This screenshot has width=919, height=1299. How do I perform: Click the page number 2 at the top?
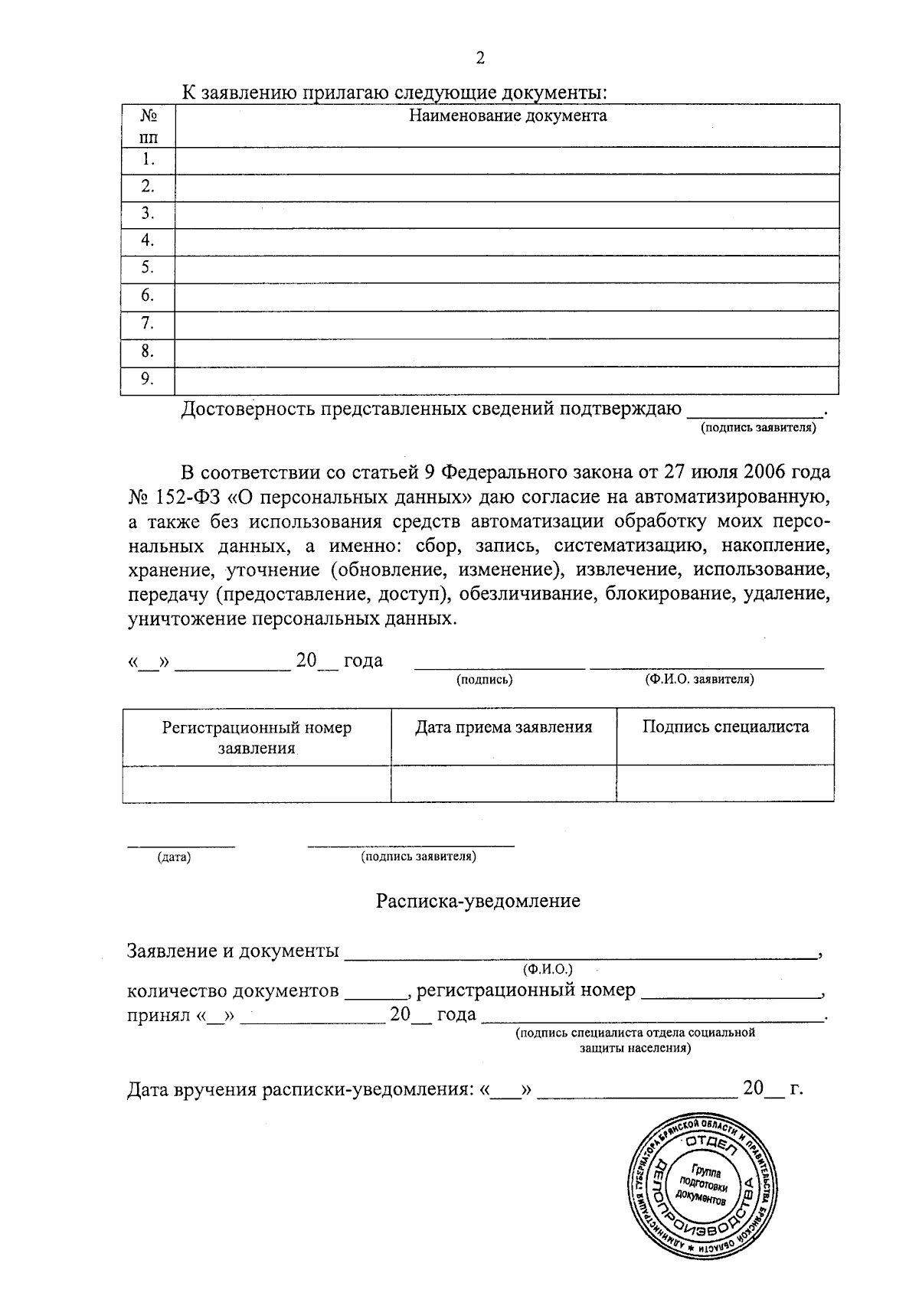click(480, 58)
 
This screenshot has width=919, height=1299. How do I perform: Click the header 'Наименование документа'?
click(507, 116)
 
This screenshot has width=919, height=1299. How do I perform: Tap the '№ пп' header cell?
click(148, 126)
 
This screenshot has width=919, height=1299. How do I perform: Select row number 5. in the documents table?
click(148, 268)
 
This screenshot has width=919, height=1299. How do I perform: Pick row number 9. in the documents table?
click(148, 379)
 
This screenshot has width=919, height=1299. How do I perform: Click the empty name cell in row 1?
click(507, 161)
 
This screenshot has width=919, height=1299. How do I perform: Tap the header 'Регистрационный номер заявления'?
click(257, 736)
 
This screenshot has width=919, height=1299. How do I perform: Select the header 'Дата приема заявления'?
click(503, 727)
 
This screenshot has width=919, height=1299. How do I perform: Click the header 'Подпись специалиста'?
click(724, 727)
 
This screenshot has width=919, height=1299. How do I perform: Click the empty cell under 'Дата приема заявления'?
click(503, 783)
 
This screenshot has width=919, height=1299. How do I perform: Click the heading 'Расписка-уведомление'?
click(478, 901)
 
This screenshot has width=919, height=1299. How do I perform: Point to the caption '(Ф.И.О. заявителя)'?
click(699, 679)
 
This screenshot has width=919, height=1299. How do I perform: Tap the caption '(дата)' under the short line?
click(174, 857)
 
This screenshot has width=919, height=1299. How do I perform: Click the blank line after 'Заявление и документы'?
click(582, 951)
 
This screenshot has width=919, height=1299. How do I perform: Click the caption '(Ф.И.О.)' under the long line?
click(548, 970)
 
